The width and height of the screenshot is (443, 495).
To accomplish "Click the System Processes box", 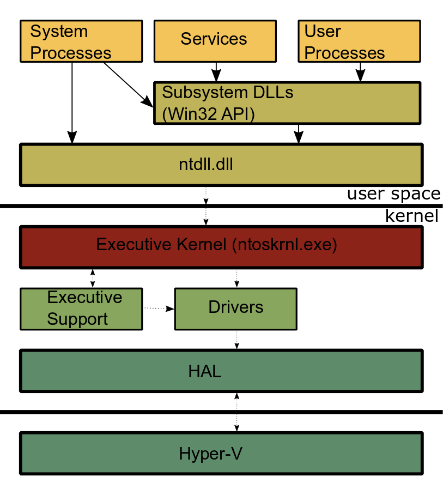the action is pos(81,41).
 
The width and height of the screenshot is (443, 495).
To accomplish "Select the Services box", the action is pos(215,41).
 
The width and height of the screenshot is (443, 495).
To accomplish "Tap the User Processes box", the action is pos(360,41).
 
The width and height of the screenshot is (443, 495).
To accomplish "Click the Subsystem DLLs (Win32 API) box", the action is pos(287,103).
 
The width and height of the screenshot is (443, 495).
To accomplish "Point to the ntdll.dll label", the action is pos(206,165).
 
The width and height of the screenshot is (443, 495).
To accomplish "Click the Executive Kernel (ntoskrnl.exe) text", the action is pos(216,245).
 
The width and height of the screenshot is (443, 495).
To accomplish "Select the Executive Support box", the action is pos(81,309).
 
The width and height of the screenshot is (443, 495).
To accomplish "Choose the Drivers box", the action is pos(236,309).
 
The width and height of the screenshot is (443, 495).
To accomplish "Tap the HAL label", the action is pos(205,371).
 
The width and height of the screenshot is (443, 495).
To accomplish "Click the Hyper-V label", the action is pos(210,454).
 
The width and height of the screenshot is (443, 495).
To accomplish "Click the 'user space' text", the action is pos(394,194).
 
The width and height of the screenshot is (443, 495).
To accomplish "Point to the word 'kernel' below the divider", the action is pos(412,216).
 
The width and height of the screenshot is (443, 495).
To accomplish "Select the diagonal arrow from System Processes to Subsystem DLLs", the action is pos(129,84).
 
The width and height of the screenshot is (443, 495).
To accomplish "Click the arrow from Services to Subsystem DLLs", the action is pos(216,72).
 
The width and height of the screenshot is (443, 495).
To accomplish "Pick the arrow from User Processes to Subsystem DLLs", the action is pos(360,72).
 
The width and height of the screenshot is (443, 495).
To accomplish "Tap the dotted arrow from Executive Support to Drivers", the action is pos(159,309).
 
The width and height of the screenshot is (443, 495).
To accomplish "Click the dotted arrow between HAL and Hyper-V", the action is pos(236,412).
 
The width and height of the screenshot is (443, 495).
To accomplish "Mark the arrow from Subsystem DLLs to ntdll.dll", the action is pos(299,134).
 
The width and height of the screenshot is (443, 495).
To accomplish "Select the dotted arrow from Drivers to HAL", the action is pos(236,340).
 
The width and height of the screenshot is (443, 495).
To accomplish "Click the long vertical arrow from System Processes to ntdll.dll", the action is pos(72,103).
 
